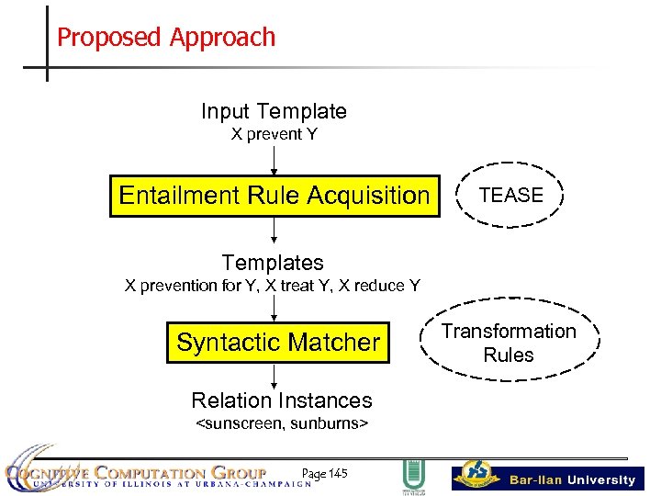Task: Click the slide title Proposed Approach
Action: pos(166,38)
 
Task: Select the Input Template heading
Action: pos(274,112)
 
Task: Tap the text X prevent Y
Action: pos(274,135)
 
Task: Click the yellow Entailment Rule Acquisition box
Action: pos(274,196)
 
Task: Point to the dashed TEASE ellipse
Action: pos(510,195)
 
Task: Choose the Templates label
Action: pos(273,264)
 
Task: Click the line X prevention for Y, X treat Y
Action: pos(273,286)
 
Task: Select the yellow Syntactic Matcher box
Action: pos(277,343)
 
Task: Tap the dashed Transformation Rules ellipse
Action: pos(508,343)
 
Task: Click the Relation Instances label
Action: pos(281,400)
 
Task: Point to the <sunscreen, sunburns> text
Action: pos(281,423)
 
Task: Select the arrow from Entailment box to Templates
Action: pos(274,231)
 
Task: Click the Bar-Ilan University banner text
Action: pos(572,479)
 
